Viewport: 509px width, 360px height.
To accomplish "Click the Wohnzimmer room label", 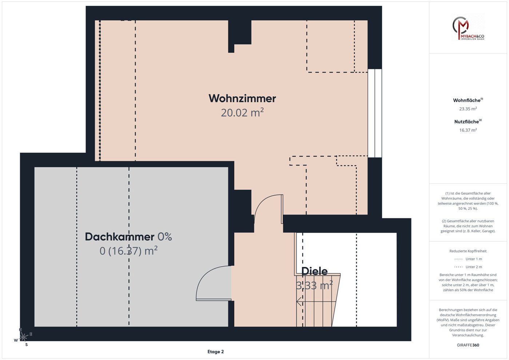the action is click(242, 99).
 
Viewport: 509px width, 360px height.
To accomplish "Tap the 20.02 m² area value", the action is click(242, 113).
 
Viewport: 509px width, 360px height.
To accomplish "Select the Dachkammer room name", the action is click(120, 237).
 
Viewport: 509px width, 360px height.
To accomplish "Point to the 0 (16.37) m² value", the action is click(128, 251).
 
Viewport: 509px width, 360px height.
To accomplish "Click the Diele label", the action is click(314, 271).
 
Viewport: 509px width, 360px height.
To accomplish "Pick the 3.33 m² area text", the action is click(314, 285).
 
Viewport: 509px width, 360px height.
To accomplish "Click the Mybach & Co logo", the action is click(468, 28).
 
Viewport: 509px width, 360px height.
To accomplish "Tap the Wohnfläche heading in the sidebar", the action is click(468, 100).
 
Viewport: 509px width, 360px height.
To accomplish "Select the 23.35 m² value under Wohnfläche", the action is click(468, 109).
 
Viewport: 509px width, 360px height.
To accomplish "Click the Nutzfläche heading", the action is click(468, 121).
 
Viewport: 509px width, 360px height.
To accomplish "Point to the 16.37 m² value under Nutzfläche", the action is click(468, 130).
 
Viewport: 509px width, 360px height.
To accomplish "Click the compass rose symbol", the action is click(23, 337).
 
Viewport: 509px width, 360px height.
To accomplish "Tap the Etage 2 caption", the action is click(216, 352).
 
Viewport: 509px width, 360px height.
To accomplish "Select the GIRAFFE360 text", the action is click(468, 345).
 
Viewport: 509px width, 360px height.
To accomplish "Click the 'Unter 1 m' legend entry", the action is click(468, 259).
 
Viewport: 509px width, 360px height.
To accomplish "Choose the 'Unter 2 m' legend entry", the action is click(468, 267).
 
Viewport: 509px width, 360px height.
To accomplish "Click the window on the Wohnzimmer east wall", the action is click(375, 113).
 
